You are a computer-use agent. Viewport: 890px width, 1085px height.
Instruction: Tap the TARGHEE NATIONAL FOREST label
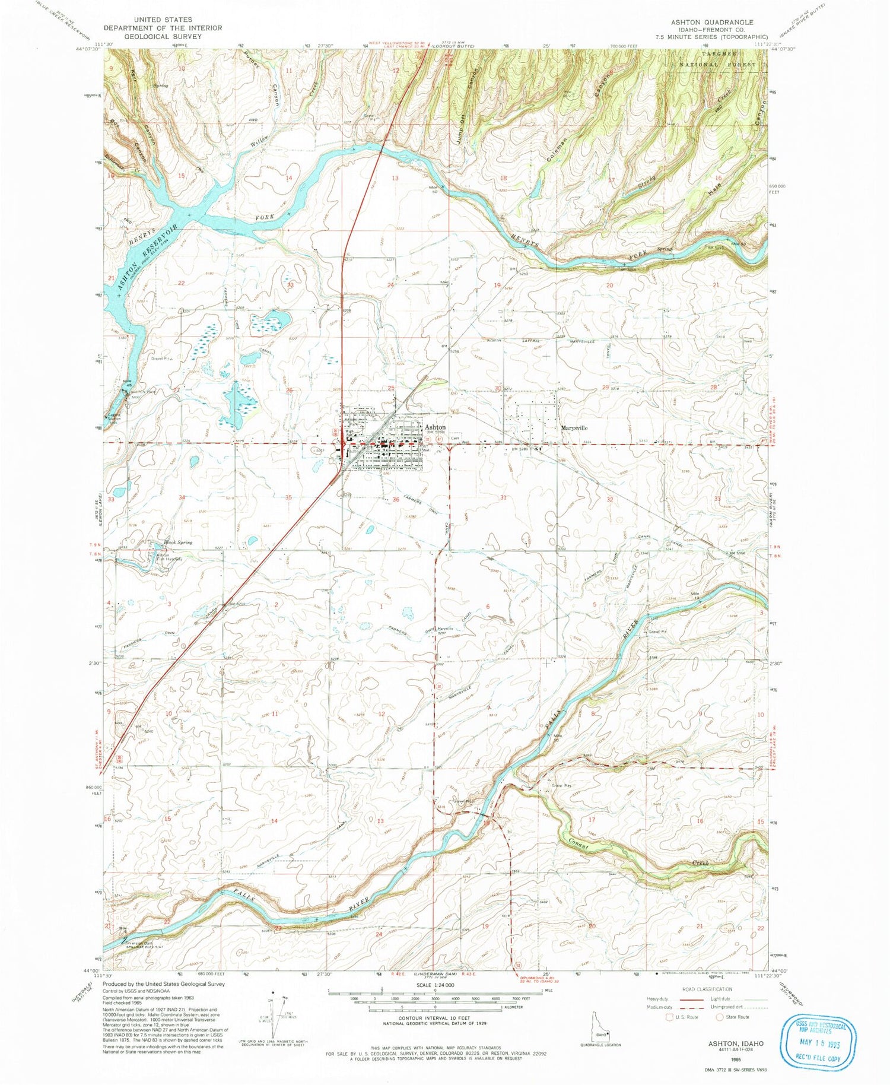(721, 58)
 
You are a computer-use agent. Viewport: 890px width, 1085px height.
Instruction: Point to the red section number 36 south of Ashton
(396, 500)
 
